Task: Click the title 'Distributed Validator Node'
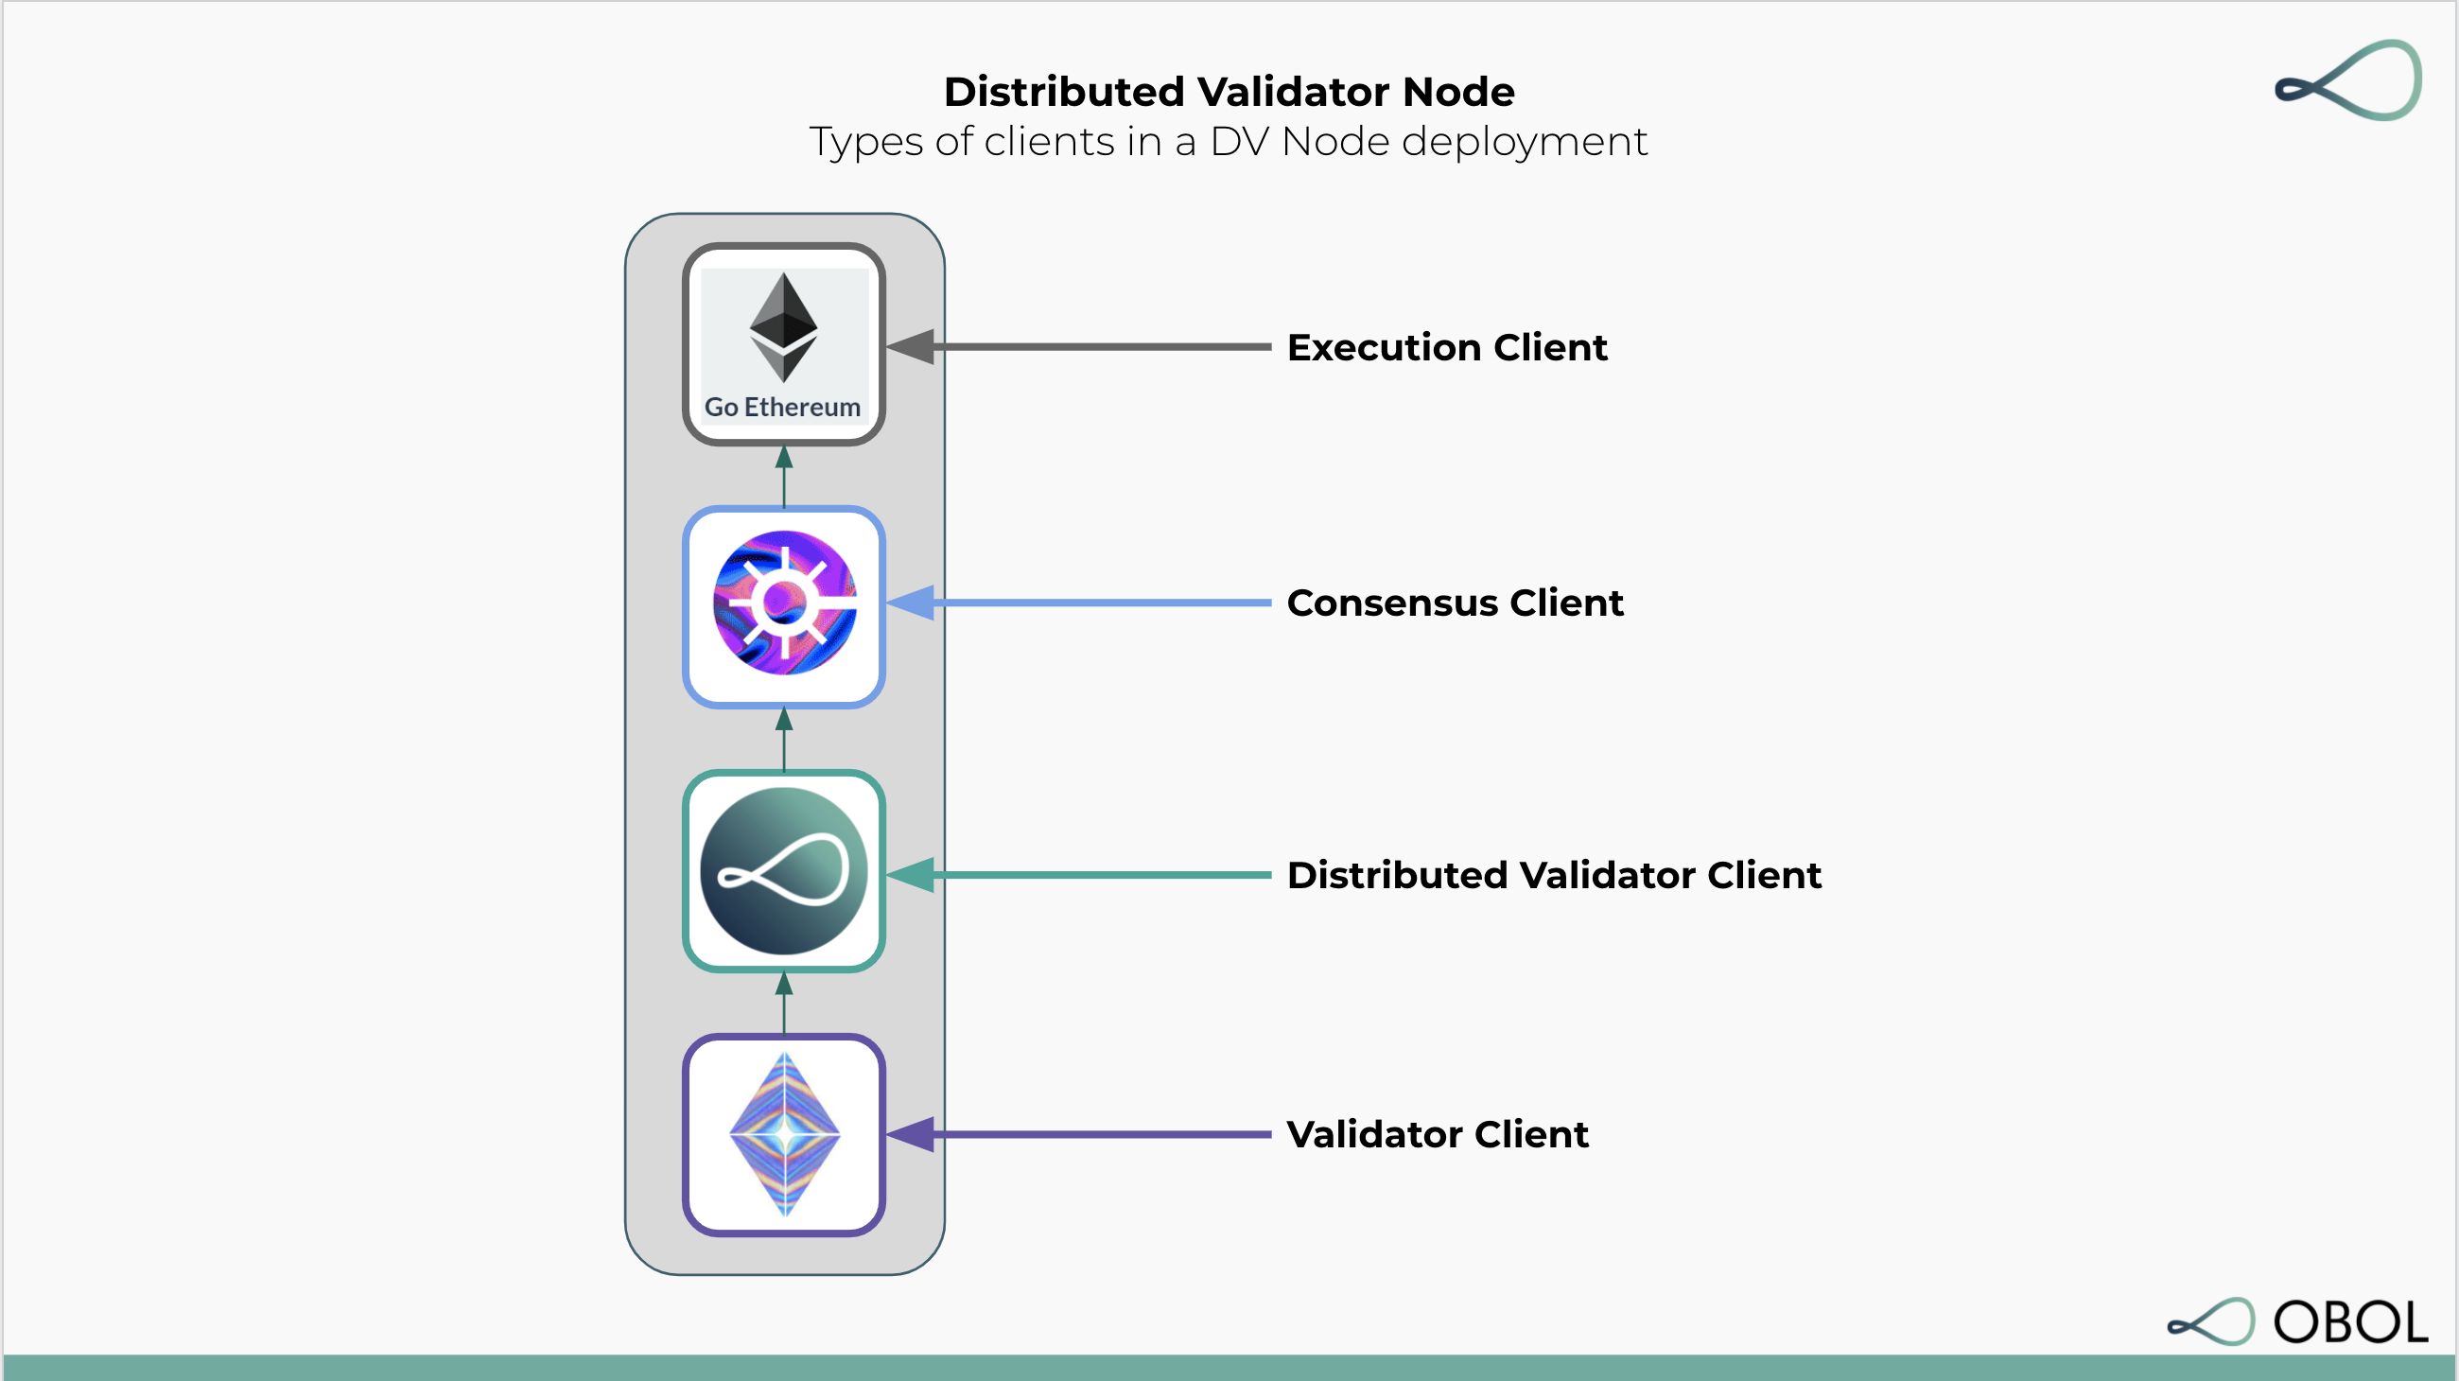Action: click(x=1229, y=92)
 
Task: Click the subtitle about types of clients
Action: click(x=1229, y=142)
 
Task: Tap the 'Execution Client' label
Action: click(x=1446, y=347)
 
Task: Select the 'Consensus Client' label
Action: click(x=1454, y=603)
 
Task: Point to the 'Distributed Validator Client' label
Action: click(x=1553, y=875)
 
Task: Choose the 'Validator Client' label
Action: click(x=1437, y=1135)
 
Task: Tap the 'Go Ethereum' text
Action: click(x=783, y=408)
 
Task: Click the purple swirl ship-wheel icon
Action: click(x=785, y=603)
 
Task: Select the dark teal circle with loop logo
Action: click(x=784, y=871)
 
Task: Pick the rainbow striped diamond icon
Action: click(x=785, y=1135)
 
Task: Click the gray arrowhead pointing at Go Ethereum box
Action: click(x=912, y=347)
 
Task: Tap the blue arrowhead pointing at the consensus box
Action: click(x=912, y=603)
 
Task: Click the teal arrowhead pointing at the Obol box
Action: click(x=912, y=875)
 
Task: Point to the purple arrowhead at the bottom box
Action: click(x=912, y=1135)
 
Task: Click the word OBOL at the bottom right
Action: click(x=2350, y=1322)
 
